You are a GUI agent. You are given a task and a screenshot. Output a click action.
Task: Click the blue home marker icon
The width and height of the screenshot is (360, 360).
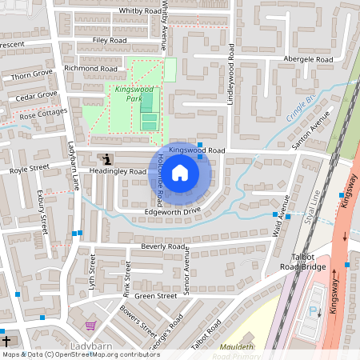pos(180,172)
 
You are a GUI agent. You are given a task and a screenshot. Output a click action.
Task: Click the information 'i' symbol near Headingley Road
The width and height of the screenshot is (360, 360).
pos(106,160)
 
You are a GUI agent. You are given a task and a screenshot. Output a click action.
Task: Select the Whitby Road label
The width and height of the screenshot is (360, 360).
pos(140,10)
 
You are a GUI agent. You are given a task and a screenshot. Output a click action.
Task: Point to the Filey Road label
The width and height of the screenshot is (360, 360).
pos(110,39)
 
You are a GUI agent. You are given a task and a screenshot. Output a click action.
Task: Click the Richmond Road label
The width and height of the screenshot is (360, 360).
pos(91,69)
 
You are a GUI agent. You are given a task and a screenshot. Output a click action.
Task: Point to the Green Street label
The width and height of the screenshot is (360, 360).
pos(155,296)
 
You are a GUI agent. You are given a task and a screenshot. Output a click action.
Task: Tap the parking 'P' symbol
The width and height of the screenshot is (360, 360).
pos(314,312)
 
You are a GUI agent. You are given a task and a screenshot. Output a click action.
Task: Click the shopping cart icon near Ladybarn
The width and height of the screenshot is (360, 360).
pos(90,326)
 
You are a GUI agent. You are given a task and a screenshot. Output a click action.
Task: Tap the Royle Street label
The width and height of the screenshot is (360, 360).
pos(30,169)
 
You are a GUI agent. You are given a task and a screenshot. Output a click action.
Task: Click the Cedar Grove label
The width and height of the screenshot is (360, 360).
pos(38,95)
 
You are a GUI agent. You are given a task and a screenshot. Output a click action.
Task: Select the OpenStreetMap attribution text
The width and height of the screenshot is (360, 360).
pos(80,354)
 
